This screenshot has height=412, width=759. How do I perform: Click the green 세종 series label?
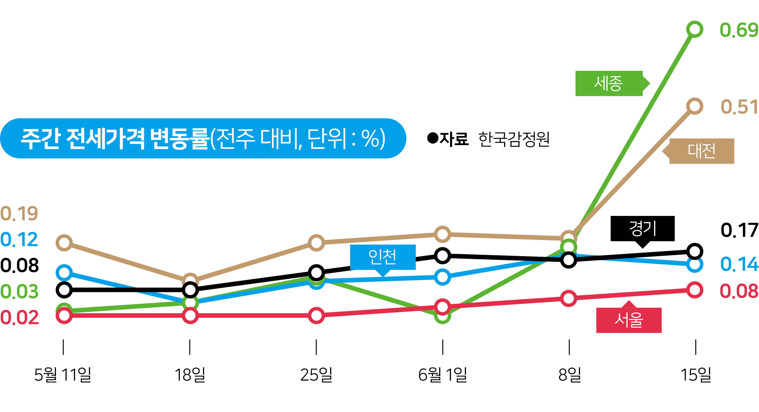pos(609,83)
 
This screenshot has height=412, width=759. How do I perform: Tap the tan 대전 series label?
pos(701,151)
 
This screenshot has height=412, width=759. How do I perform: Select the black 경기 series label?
pos(642,228)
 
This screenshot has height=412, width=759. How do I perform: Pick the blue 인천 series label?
pos(382,257)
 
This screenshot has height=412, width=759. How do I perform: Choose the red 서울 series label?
pos(629,320)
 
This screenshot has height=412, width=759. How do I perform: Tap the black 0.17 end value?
pos(739,230)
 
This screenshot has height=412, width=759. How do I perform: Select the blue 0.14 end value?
pos(739,264)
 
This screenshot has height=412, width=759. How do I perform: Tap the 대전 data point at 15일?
pos(694,106)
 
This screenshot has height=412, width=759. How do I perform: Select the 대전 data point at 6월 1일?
pos(443,234)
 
